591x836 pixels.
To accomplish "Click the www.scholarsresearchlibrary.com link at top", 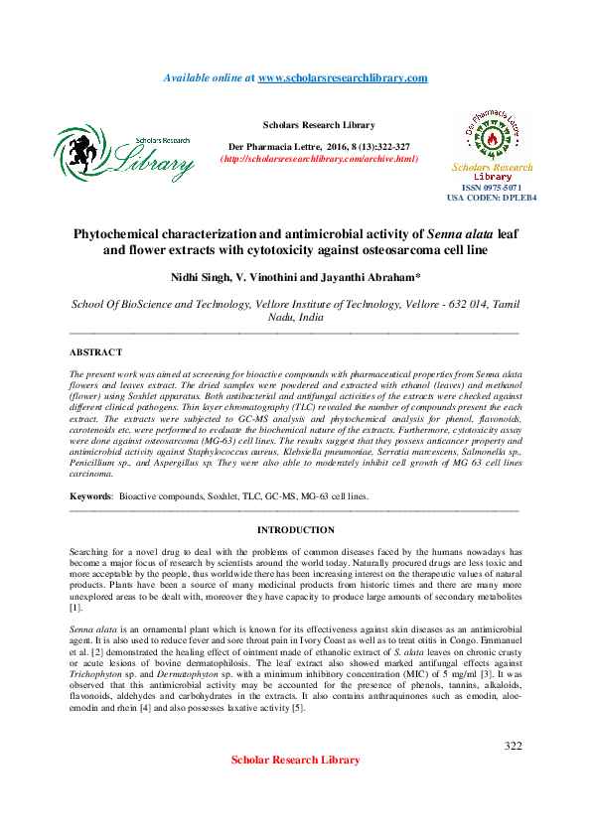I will (343, 77).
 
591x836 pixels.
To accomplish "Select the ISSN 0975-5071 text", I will (492, 187).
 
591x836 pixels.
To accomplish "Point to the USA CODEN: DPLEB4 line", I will (492, 198).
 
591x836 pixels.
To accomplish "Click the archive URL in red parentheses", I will (318, 159).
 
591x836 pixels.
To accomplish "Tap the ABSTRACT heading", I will (96, 352).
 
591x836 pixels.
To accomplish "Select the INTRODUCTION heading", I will (295, 530).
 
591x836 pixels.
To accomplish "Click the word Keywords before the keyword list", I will (89, 493).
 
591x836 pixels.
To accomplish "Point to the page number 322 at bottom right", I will (513, 746).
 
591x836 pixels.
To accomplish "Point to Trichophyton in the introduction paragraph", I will (98, 675).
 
